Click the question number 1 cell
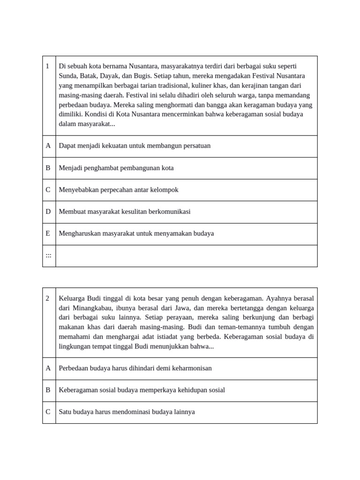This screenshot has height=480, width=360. pos(47,66)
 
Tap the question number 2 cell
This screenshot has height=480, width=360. pos(47,298)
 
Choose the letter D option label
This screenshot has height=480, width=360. pos(48,211)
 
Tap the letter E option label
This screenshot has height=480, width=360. pos(48,233)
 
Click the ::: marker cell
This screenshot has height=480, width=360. pos(48,255)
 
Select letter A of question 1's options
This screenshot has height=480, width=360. pos(48,146)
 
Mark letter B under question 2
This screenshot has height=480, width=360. pos(48,390)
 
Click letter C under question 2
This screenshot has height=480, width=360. pos(48,412)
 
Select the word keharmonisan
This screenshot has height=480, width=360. pos(192,368)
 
